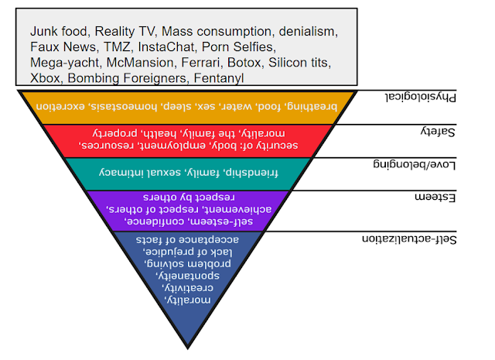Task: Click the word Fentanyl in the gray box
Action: coord(218,78)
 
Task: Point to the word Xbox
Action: coord(45,78)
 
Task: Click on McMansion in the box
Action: coord(140,63)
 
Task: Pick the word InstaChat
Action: coord(167,47)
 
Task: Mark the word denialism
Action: coord(309,32)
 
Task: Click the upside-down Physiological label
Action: coord(421,97)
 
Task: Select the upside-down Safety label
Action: coord(438,131)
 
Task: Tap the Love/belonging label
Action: coord(415,164)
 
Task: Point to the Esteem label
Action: coord(435,197)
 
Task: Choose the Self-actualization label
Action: coord(409,239)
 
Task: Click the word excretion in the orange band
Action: coord(60,106)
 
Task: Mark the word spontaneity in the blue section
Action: coord(188,276)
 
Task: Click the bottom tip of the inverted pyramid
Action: coord(187,348)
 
